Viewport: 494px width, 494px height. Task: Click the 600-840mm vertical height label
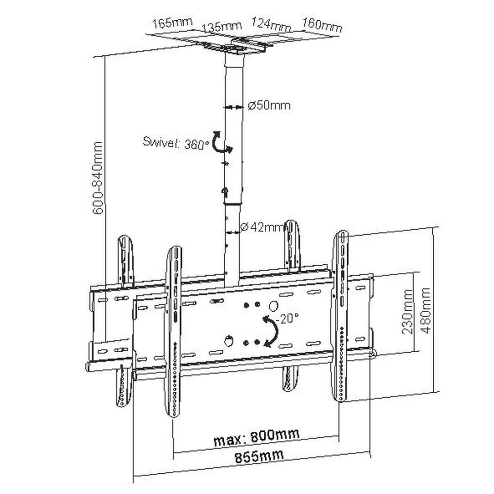tap(98, 178)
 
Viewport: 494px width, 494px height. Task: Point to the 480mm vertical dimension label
tap(425, 311)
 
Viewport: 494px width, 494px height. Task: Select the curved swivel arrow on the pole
tap(221, 144)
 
